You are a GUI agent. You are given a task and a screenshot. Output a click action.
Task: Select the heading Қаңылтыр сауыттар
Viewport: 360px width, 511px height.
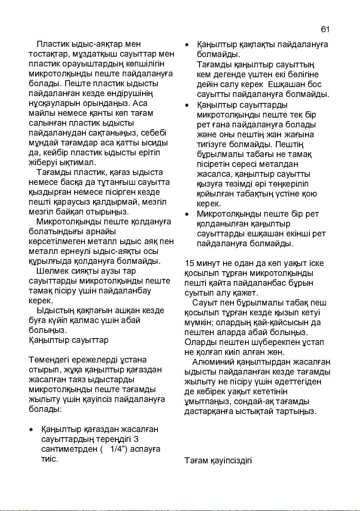68,340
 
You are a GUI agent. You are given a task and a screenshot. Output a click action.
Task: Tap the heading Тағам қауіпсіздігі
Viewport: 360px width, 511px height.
218,461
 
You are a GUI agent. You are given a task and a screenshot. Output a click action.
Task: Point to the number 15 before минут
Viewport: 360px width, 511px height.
189,263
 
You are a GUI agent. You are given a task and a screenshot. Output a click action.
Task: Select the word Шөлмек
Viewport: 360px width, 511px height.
52,271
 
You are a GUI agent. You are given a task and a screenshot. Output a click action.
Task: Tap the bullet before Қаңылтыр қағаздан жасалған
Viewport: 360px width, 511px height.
31,429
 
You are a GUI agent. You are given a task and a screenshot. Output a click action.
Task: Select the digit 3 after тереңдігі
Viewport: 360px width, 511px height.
136,439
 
